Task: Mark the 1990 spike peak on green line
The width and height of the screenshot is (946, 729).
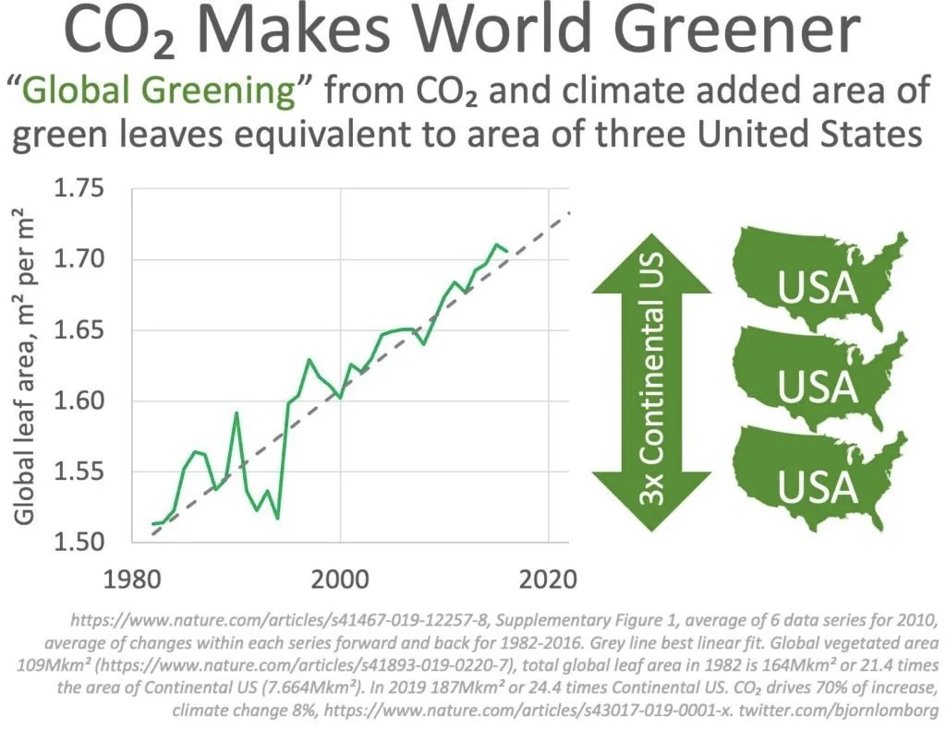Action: tap(236, 412)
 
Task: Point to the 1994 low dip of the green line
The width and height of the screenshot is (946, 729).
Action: tap(277, 518)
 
